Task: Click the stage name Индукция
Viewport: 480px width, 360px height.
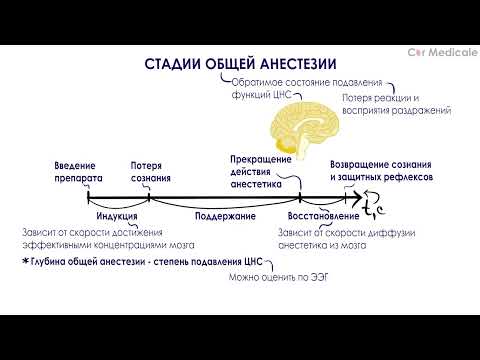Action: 116,215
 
